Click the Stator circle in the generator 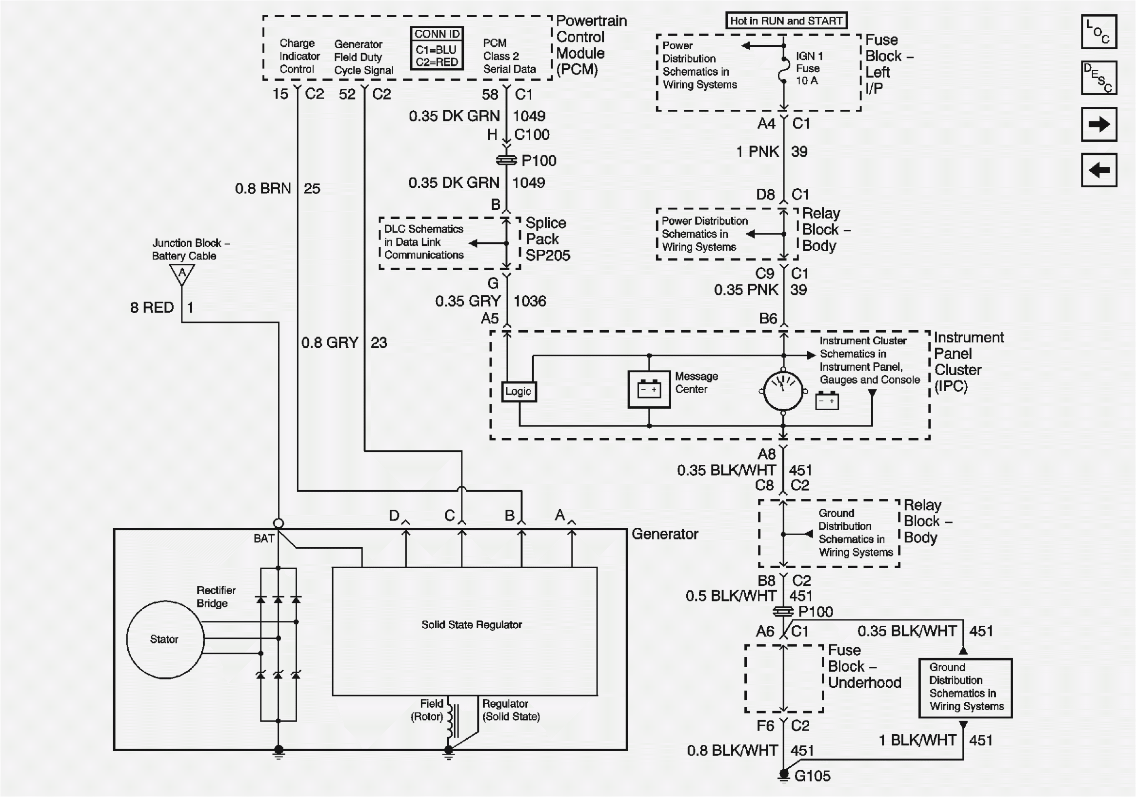point(165,639)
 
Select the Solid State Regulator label point(471,625)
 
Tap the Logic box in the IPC point(518,391)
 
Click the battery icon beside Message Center point(649,389)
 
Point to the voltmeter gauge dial point(783,391)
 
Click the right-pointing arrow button point(1098,124)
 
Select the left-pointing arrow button point(1098,170)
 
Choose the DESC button point(1098,78)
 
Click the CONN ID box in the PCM point(437,48)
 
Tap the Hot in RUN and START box point(786,21)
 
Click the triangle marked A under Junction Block point(181,274)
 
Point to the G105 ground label point(812,776)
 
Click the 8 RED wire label point(152,308)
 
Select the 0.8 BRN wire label point(263,188)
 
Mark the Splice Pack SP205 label point(547,239)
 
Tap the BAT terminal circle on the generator point(279,523)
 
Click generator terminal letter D point(394,516)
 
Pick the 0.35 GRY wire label point(468,301)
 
